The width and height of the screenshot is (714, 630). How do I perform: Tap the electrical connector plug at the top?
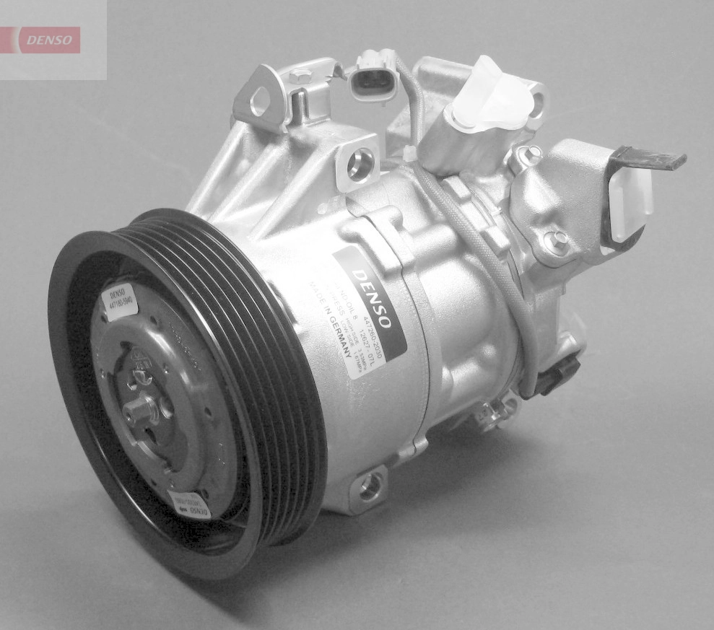(x=373, y=76)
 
